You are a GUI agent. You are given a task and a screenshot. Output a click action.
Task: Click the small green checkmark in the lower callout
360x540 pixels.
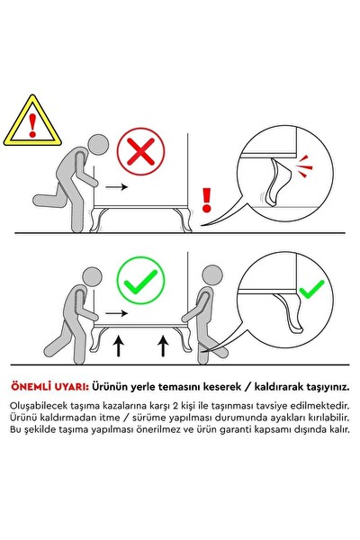pyautogui.click(x=310, y=291)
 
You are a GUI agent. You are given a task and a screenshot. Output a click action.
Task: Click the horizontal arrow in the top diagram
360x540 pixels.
pyautogui.click(x=113, y=188)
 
